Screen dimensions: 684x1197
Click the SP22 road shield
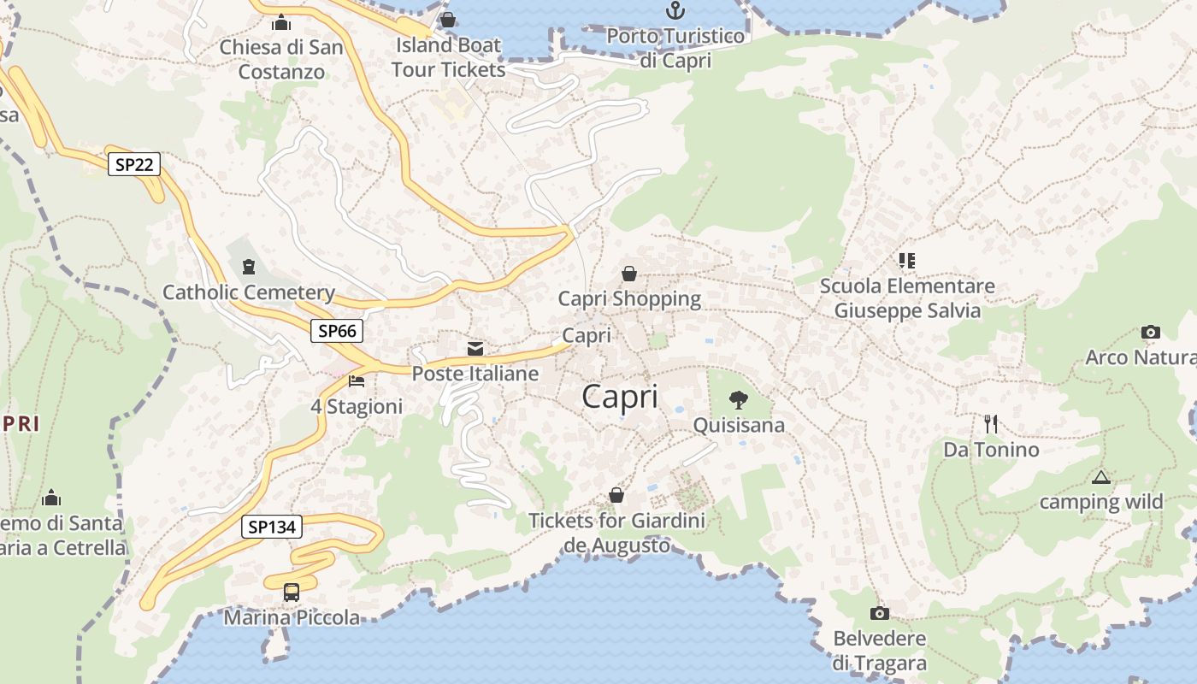click(134, 164)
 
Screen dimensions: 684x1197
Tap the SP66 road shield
click(337, 331)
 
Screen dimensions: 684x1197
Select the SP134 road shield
click(272, 527)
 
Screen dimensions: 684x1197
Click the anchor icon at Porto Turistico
click(675, 11)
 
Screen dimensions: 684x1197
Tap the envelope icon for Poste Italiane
click(475, 348)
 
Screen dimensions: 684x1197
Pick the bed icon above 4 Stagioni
click(357, 380)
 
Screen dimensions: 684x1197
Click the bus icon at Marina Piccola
click(292, 592)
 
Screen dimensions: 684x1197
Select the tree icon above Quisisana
click(738, 399)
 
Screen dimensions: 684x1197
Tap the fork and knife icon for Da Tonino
click(991, 423)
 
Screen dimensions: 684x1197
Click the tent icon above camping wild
click(1100, 477)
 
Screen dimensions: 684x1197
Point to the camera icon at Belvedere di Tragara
click(879, 613)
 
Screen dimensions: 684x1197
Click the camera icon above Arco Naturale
click(1151, 332)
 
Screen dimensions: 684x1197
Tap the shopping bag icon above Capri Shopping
click(629, 274)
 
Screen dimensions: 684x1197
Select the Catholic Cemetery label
click(248, 292)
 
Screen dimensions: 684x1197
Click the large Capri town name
click(620, 397)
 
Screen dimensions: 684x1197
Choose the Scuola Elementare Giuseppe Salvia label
click(907, 298)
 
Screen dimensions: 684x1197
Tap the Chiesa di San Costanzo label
click(281, 59)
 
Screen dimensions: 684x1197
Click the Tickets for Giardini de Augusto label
click(616, 533)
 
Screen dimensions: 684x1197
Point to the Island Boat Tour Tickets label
click(449, 56)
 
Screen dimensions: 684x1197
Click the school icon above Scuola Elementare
click(906, 260)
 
